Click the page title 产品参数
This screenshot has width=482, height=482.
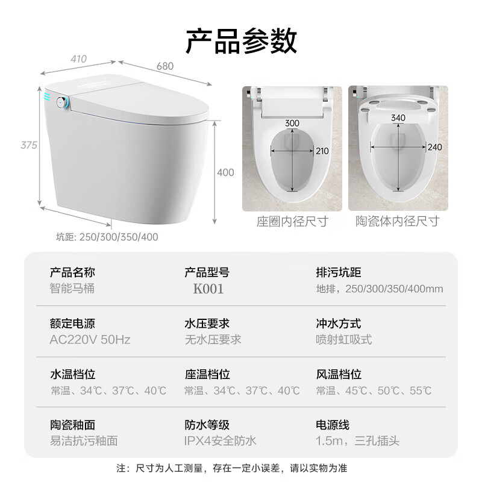(241, 41)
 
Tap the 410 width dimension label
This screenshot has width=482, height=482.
(78, 59)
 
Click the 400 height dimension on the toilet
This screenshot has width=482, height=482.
(225, 172)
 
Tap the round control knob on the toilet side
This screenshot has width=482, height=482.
(61, 102)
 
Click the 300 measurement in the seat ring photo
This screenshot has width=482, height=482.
(292, 124)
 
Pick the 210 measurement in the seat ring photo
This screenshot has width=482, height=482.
(322, 151)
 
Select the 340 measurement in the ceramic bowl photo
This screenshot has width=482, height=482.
(398, 118)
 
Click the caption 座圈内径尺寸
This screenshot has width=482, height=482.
(292, 222)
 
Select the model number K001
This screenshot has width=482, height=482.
(208, 289)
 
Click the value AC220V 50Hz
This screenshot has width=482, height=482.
(90, 339)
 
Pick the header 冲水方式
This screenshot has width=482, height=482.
(338, 324)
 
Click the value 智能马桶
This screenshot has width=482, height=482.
(72, 288)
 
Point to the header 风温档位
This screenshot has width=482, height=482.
(338, 375)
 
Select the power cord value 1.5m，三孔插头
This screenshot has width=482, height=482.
(357, 441)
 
